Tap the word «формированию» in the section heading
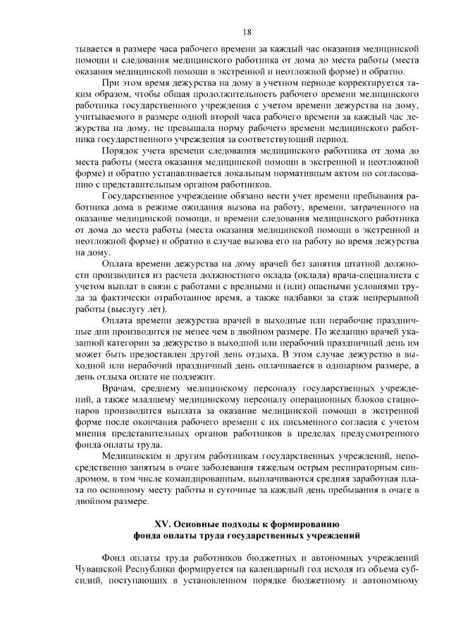311,524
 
